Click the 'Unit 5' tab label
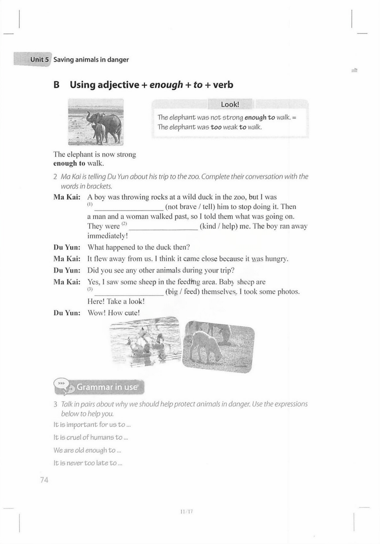[x=40, y=59]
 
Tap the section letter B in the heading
[x=57, y=85]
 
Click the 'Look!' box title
[x=230, y=105]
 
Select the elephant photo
[x=96, y=122]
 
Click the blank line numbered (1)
[x=129, y=208]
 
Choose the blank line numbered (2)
[x=163, y=227]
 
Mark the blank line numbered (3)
[x=129, y=293]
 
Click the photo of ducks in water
[x=145, y=341]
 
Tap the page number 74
[x=44, y=480]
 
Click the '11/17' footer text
[x=186, y=512]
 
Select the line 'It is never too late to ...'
[x=88, y=463]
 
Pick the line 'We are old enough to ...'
[x=87, y=450]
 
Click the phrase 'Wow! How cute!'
[x=114, y=313]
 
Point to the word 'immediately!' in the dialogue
[x=108, y=236]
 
